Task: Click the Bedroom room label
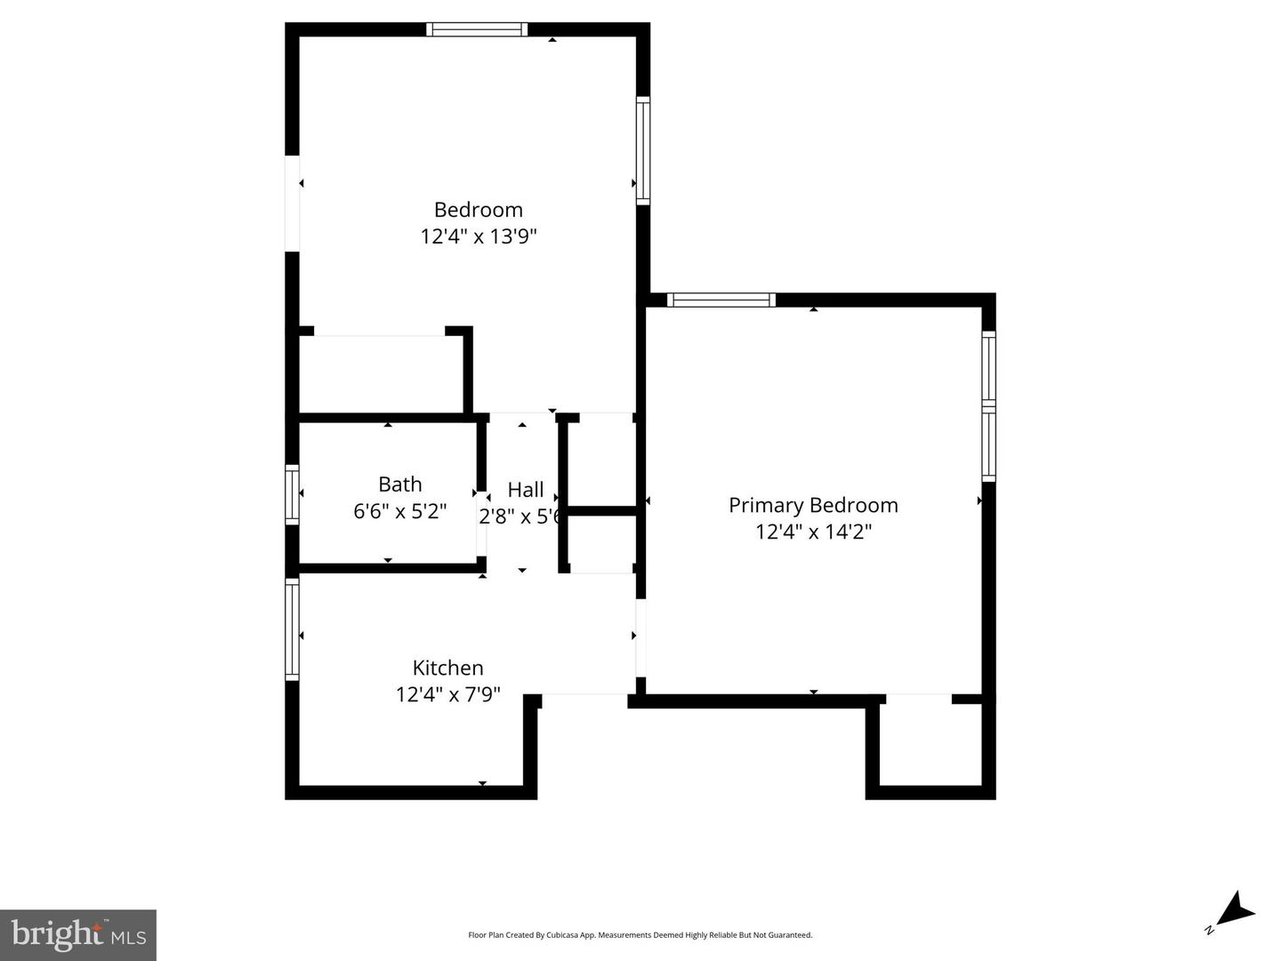tap(478, 210)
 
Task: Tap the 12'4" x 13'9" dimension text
tap(479, 236)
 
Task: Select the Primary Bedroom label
tap(813, 505)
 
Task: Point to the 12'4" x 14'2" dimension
tap(813, 532)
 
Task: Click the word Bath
tap(399, 485)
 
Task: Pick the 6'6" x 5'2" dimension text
tap(399, 511)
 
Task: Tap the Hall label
tap(525, 490)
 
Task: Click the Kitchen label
tap(447, 668)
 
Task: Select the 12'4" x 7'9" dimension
tap(447, 694)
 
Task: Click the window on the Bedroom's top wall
tap(477, 29)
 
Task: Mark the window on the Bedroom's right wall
tap(642, 150)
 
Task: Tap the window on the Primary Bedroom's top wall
tap(721, 300)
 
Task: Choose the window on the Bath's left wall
tap(292, 493)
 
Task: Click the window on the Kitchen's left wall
tap(292, 629)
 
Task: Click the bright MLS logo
tap(78, 935)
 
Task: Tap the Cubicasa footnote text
tap(640, 935)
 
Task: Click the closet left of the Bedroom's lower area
tap(380, 374)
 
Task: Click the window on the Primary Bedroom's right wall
tap(988, 406)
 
